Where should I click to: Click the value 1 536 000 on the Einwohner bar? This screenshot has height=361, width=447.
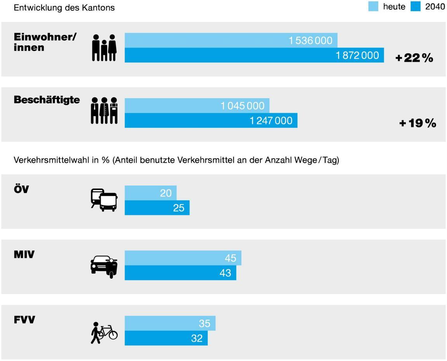click(310, 40)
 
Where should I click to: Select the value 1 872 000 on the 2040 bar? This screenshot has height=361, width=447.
click(357, 56)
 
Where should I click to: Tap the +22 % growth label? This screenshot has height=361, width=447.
click(414, 58)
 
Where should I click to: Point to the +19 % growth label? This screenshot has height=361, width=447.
click(418, 123)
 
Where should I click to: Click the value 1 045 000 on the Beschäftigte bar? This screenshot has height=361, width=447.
click(243, 106)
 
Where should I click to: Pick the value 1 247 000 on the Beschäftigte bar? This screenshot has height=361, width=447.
click(271, 121)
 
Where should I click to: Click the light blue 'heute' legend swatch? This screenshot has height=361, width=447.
click(373, 7)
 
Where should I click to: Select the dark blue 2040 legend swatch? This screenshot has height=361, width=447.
click(416, 7)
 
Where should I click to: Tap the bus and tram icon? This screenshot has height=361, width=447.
click(104, 200)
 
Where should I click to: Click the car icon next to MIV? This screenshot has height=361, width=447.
click(104, 266)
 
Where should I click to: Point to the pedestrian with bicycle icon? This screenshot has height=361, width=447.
click(104, 333)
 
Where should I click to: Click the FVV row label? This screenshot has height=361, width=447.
click(24, 320)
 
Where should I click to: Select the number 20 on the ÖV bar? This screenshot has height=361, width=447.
click(166, 193)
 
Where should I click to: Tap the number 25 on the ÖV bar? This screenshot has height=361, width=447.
click(178, 208)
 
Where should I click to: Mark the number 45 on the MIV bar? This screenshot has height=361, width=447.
click(230, 258)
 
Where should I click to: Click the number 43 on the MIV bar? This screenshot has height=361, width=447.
click(225, 273)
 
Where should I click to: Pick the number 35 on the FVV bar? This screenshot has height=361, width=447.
click(204, 323)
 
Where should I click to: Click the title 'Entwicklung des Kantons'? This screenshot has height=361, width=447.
click(64, 8)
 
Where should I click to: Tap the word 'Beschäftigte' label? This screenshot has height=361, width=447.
click(47, 100)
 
